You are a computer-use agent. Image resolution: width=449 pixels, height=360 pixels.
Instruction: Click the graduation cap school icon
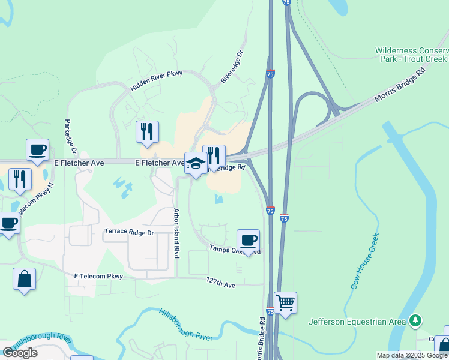point(196,163)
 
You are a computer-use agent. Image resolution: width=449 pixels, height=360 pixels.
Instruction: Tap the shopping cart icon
point(285,302)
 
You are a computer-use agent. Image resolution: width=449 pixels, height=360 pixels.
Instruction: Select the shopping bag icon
point(24,279)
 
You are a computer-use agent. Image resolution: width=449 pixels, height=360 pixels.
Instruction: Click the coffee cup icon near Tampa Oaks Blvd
point(248,241)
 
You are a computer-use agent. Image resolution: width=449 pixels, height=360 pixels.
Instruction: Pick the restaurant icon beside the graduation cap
point(214,156)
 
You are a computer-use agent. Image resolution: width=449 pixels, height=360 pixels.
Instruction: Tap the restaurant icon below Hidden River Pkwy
point(147,131)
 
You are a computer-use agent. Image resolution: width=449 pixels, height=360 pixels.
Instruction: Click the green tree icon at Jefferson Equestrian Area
point(414,321)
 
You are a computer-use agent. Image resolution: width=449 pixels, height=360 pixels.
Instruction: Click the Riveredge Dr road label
point(232,66)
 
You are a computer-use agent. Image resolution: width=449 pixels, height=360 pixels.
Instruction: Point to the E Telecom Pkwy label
point(98,277)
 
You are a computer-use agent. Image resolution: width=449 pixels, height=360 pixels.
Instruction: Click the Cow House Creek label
point(365,261)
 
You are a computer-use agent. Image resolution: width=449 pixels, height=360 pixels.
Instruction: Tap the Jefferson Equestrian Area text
point(357,322)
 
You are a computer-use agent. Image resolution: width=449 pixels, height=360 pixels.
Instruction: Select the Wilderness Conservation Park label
point(412,55)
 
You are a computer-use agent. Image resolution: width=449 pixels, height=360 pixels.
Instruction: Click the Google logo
point(20,353)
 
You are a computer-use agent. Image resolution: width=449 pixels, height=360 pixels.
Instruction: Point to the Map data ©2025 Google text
point(412,355)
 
